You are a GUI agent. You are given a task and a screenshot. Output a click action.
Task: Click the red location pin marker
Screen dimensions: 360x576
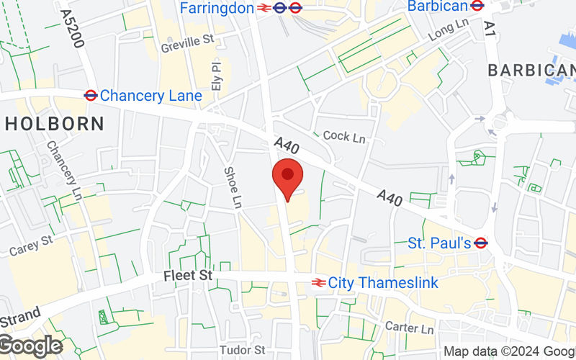point(288,179)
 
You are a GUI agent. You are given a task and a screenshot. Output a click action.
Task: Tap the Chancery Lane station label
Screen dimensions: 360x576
point(141,95)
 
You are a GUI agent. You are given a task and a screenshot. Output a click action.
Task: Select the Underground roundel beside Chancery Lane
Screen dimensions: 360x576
point(91,94)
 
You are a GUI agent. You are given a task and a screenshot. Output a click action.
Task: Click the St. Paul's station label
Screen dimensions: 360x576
point(439,243)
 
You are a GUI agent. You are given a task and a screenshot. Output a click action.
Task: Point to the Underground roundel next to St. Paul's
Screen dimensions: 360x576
point(482,243)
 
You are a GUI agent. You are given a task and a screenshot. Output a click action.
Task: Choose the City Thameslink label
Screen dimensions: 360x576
point(383,283)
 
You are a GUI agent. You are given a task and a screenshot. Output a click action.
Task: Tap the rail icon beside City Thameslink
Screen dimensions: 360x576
point(318,283)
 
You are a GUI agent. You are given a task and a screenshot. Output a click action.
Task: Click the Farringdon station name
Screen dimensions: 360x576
point(217,8)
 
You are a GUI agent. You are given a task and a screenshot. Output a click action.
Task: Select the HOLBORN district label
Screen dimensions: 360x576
point(53,123)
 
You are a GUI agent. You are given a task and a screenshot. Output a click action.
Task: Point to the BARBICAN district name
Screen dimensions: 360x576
point(531,70)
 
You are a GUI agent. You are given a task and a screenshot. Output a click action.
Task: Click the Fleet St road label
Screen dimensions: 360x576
point(188,276)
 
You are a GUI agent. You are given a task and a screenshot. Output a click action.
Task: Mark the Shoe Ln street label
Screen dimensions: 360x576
point(232,187)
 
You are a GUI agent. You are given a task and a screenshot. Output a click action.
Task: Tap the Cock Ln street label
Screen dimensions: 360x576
point(345,135)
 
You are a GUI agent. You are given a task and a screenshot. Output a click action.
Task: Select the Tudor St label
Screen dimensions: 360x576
point(243,350)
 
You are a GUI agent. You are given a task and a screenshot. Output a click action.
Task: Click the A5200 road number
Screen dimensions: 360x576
point(73,29)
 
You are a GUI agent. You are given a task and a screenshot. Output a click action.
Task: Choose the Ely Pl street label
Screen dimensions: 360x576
point(216,75)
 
